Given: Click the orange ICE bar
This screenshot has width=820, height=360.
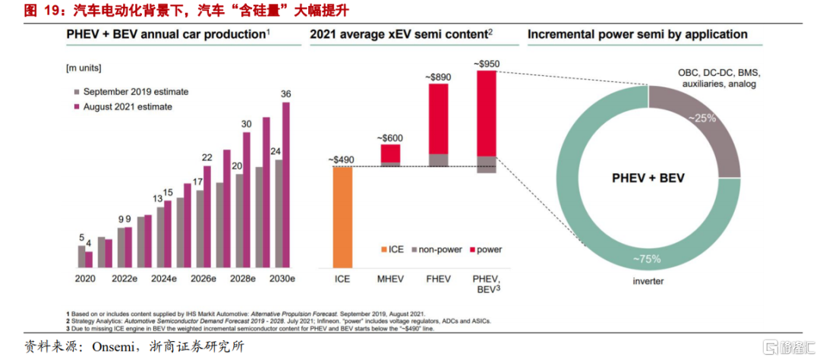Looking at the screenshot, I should coord(342,216).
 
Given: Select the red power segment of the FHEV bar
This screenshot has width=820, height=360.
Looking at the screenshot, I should coord(439,118).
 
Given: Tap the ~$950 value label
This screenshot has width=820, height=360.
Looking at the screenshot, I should coord(486,63).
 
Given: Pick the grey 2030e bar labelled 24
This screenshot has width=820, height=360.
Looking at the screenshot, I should coord(278,213).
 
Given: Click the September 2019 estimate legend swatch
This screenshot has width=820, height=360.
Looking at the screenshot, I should coord(77,92).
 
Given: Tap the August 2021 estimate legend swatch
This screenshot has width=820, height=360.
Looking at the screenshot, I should coord(77,107).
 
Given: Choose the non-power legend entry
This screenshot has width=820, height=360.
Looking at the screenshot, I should coord(438,249).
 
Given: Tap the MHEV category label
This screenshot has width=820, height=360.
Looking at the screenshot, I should coord(390,279).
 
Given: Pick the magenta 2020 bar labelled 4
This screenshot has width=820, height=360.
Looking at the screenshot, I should coord(89,259).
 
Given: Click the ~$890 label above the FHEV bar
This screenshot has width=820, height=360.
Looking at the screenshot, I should coord(439,77).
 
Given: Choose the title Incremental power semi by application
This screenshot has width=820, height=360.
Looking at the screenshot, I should coord(637,34).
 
